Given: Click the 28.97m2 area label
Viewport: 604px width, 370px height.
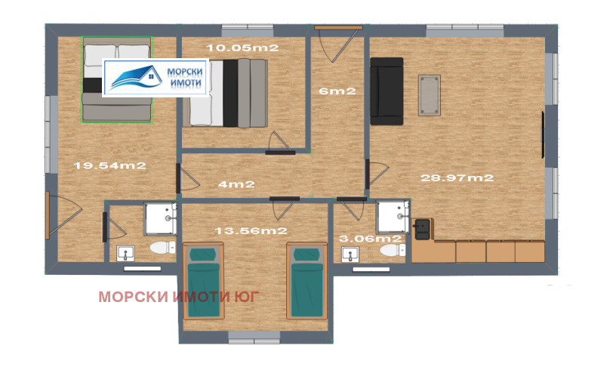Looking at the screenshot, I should coord(457,178).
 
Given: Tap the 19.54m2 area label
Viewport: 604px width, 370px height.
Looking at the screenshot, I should coord(109,165).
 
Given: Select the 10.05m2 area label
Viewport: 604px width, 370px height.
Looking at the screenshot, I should coord(244,48).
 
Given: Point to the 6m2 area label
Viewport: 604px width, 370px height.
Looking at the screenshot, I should coord(337,91).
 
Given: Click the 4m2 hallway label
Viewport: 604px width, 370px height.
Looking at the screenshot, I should coord(236,183).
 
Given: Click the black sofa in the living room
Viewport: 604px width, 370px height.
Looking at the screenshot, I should coord(387,90).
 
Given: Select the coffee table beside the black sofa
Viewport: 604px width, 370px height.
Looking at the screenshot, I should coord(429,94).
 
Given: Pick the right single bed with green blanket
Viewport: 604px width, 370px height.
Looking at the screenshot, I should coord(307,282).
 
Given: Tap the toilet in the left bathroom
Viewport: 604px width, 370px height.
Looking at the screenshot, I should coord(161,248).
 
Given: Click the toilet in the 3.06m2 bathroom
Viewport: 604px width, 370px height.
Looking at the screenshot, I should coord(390,248).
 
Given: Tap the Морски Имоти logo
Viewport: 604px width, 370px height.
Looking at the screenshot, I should coord(156,78).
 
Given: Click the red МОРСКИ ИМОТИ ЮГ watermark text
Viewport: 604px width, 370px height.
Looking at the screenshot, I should coord(178,296).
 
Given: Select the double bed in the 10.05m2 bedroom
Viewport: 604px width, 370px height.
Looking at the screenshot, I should coord(226,92).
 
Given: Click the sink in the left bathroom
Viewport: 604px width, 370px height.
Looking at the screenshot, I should coord(125,253).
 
